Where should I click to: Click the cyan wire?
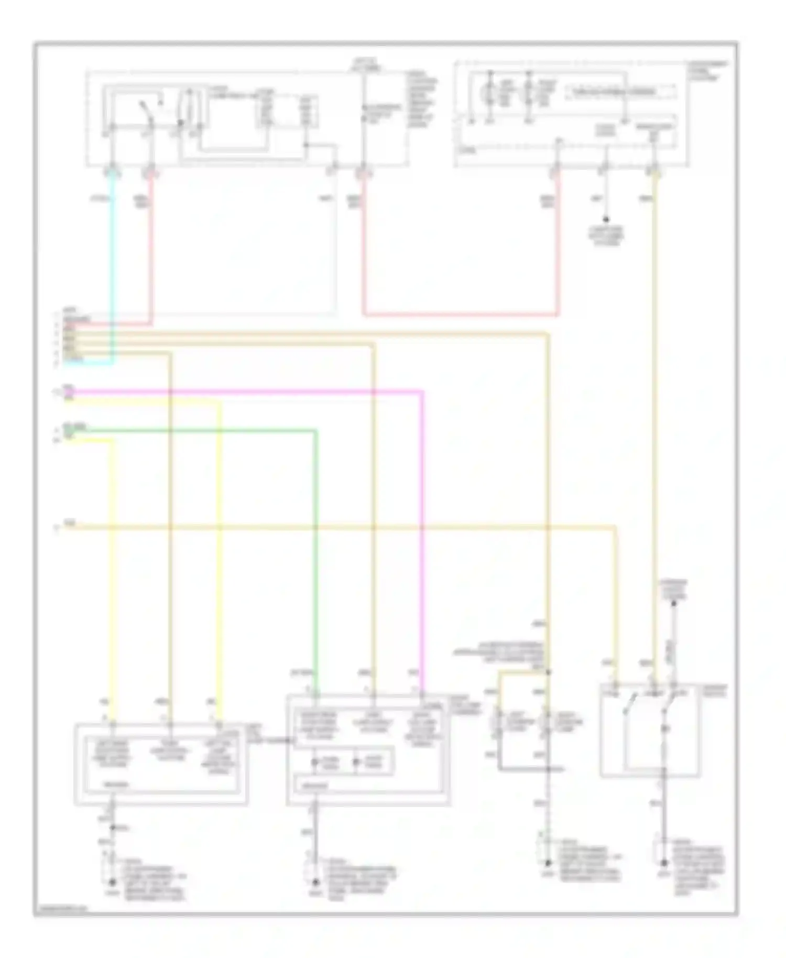(x=112, y=262)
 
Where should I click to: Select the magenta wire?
(x=262, y=391)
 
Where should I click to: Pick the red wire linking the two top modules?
(x=461, y=315)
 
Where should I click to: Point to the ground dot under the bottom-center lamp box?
(x=315, y=882)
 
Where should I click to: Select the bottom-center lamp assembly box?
(x=368, y=749)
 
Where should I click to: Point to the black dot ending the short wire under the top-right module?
(x=606, y=220)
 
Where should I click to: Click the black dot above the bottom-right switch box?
(x=674, y=604)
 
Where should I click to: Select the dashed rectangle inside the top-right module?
(x=621, y=92)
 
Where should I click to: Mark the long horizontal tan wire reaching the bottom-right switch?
(x=341, y=527)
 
